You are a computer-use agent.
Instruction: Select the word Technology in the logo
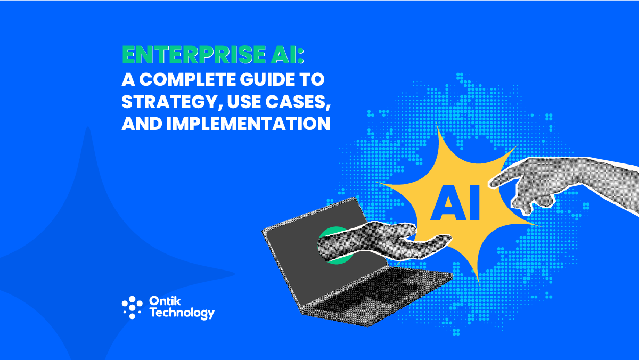pyautogui.click(x=182, y=314)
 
